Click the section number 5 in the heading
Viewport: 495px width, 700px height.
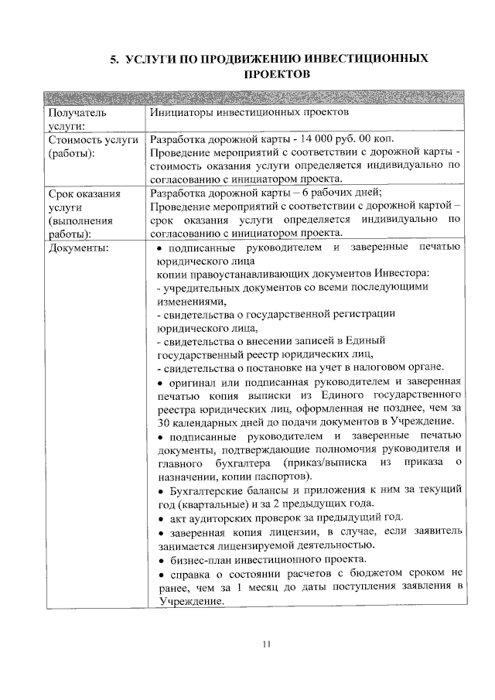pyautogui.click(x=112, y=59)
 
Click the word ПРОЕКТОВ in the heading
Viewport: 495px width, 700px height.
pyautogui.click(x=276, y=74)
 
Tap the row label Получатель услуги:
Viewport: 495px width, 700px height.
pyautogui.click(x=76, y=119)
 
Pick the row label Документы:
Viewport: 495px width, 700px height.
pyautogui.click(x=78, y=247)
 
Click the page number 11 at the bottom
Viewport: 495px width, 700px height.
pyautogui.click(x=268, y=644)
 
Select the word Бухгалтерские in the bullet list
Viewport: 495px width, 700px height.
pyautogui.click(x=200, y=489)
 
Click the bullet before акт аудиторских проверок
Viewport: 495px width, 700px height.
pyautogui.click(x=159, y=517)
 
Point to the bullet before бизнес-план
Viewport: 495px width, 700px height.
pyautogui.click(x=159, y=558)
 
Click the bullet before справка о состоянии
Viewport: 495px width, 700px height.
pyautogui.click(x=159, y=573)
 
